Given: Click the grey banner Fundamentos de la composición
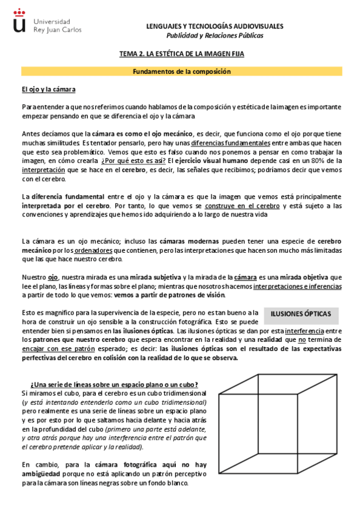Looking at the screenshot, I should [182, 72].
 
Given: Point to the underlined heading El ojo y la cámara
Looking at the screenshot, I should [48, 90].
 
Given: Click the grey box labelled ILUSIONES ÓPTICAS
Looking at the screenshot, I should [301, 314].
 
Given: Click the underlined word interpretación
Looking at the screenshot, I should [43, 170].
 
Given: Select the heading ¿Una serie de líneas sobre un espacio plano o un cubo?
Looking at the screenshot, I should [114, 384].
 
